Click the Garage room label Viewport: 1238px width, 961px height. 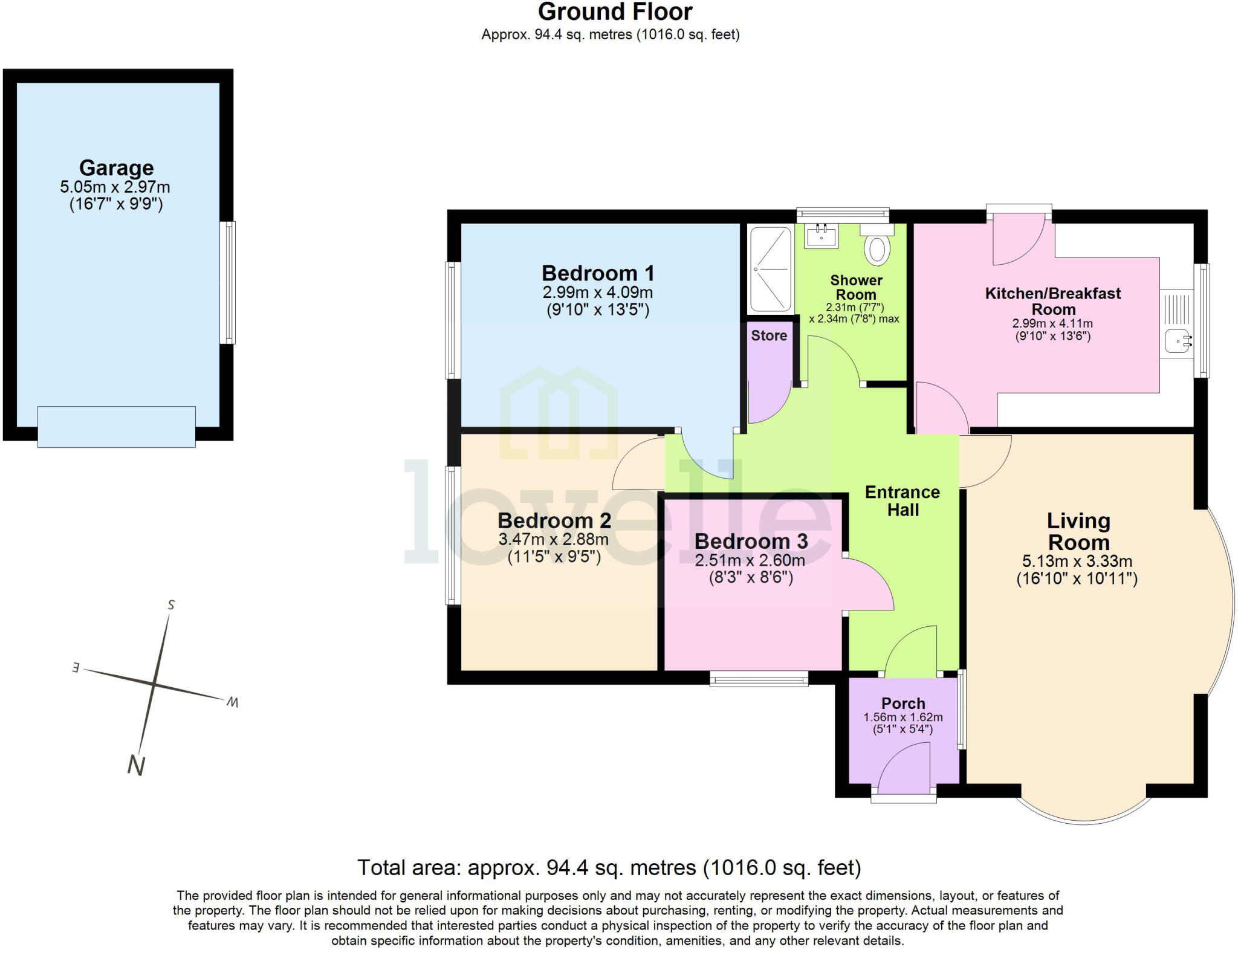click(116, 167)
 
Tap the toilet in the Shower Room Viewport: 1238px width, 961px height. click(877, 249)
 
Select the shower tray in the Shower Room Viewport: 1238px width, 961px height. click(771, 269)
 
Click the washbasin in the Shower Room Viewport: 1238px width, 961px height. click(822, 236)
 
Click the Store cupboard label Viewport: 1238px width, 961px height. click(769, 335)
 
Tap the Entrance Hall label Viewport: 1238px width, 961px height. click(902, 501)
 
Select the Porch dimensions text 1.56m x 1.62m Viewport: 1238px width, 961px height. click(903, 717)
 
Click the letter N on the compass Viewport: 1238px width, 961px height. click(136, 766)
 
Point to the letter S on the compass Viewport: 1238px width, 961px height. click(171, 605)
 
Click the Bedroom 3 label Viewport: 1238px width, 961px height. click(751, 541)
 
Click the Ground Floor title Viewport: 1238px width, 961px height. click(615, 12)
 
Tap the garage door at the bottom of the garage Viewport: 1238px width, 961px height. click(116, 427)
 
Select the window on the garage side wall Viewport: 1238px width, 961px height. click(227, 282)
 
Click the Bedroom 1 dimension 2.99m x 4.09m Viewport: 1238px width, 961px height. click(597, 293)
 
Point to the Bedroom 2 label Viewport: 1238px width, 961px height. click(554, 520)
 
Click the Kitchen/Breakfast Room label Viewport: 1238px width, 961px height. click(1052, 301)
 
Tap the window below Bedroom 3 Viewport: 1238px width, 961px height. click(759, 679)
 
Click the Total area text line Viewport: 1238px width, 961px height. click(609, 868)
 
